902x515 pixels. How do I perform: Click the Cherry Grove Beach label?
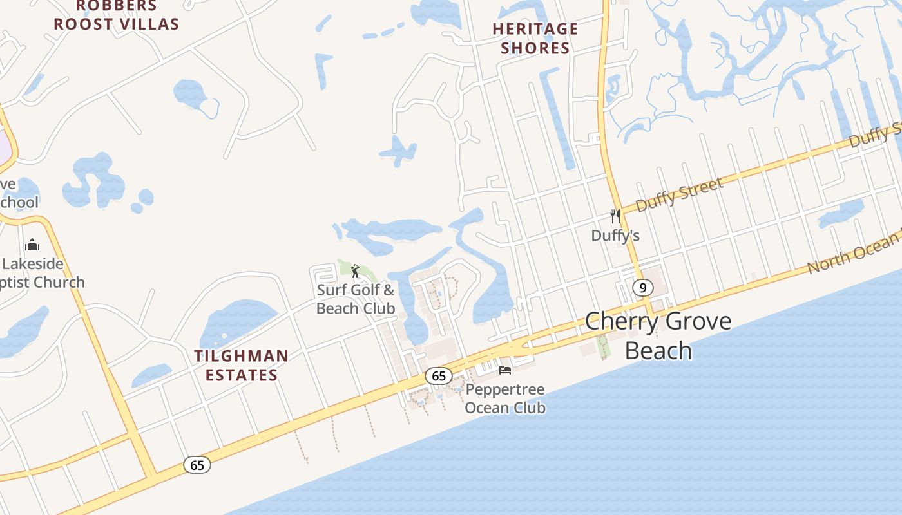click(658, 335)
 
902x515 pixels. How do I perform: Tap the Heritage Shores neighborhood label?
click(535, 38)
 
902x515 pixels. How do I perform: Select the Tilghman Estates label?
click(242, 365)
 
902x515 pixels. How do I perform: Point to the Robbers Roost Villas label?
click(116, 15)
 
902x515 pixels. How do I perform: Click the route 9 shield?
click(642, 287)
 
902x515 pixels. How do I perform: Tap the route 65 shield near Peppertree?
click(439, 376)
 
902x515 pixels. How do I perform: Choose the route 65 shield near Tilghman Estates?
click(197, 464)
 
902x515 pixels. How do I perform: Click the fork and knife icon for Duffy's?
click(615, 216)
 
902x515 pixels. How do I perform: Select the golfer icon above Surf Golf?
click(354, 270)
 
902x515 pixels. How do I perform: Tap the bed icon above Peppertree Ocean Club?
click(505, 370)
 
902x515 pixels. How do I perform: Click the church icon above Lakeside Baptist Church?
click(32, 245)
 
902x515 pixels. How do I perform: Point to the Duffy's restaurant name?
click(615, 236)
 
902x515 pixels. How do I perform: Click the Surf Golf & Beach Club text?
click(356, 299)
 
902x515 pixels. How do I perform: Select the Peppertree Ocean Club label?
click(505, 398)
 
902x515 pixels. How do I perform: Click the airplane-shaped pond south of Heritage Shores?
click(398, 152)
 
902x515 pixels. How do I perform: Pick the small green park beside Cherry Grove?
click(604, 346)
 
